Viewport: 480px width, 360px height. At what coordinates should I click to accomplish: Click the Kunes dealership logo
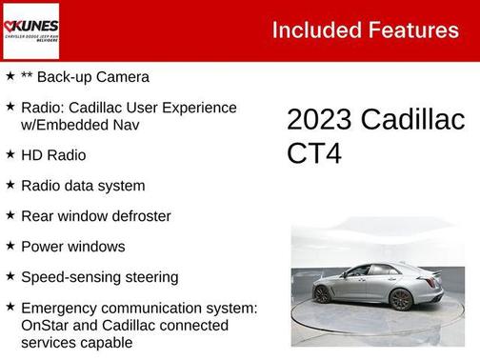(x=31, y=30)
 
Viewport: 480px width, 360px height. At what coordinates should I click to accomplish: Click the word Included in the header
(x=310, y=30)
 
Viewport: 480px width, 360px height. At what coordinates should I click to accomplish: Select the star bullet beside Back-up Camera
(x=10, y=75)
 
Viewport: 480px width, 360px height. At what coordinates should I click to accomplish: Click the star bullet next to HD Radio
(x=10, y=153)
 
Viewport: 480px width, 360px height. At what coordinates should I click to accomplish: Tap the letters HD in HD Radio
(x=32, y=154)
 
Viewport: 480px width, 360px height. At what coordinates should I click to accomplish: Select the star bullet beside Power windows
(x=10, y=245)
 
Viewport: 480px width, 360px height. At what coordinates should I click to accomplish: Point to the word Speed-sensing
(x=63, y=277)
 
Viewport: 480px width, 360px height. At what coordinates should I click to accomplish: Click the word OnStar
(x=45, y=325)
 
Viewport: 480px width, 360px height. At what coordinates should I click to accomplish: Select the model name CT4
(x=313, y=153)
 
